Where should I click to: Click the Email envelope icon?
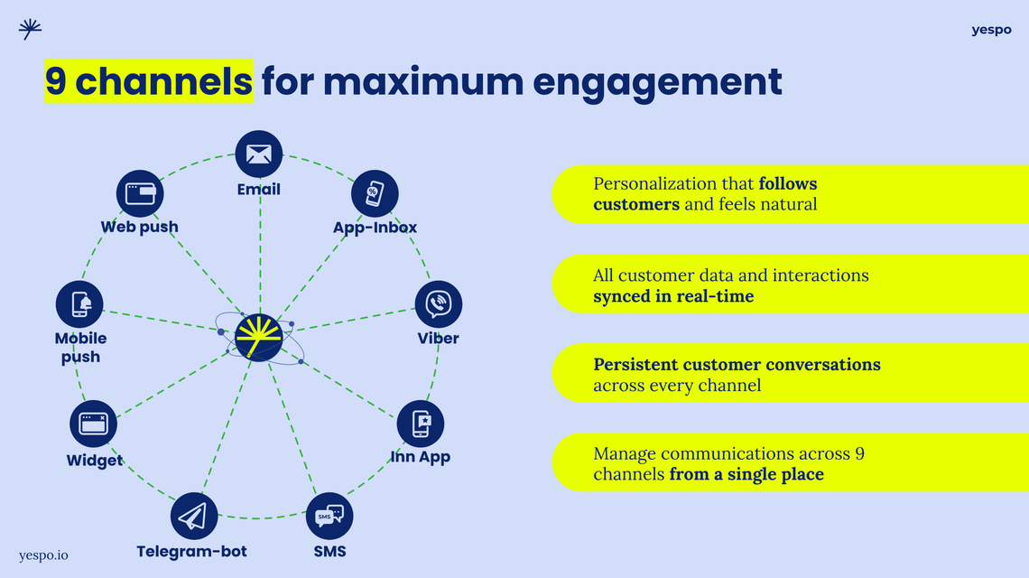259,154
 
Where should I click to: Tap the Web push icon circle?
140,193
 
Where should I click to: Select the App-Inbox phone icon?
375,193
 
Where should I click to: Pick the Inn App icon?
421,424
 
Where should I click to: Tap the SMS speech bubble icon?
329,517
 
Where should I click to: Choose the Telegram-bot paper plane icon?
193,517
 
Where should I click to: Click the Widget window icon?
94,424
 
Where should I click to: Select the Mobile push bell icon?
80,304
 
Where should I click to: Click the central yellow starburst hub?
259,338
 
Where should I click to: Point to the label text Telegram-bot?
191,551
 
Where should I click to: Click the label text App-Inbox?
375,228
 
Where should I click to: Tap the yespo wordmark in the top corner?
991,30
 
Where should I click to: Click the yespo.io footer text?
43,555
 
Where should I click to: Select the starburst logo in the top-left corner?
30,30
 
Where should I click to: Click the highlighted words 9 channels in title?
149,81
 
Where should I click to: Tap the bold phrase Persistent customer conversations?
737,365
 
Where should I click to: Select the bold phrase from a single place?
746,474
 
